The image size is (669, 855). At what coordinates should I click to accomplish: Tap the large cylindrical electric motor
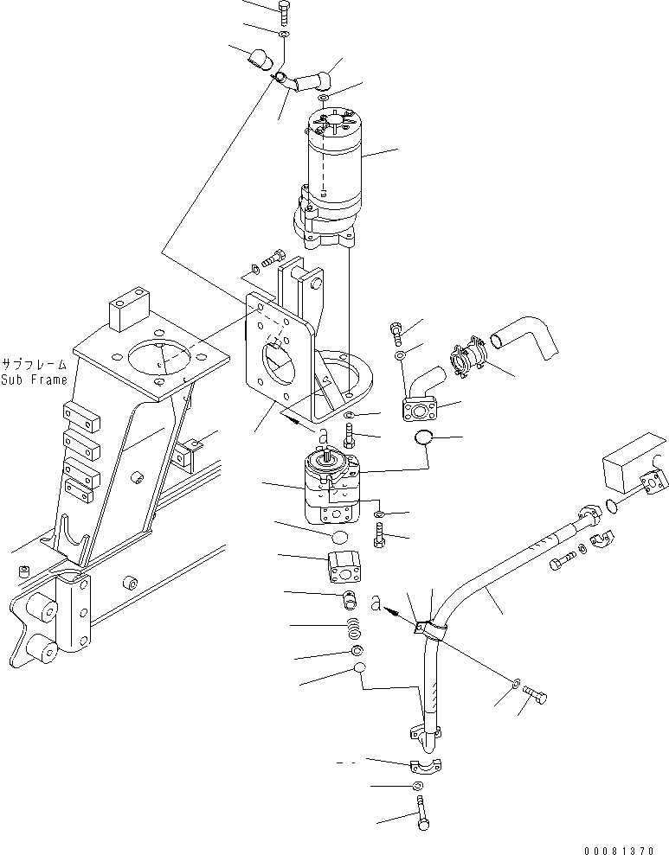tap(333, 164)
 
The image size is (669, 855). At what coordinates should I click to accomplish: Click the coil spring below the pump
tap(353, 626)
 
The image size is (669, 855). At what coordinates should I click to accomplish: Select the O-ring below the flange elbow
tap(423, 438)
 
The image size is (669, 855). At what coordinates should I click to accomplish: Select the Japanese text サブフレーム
tap(34, 364)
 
